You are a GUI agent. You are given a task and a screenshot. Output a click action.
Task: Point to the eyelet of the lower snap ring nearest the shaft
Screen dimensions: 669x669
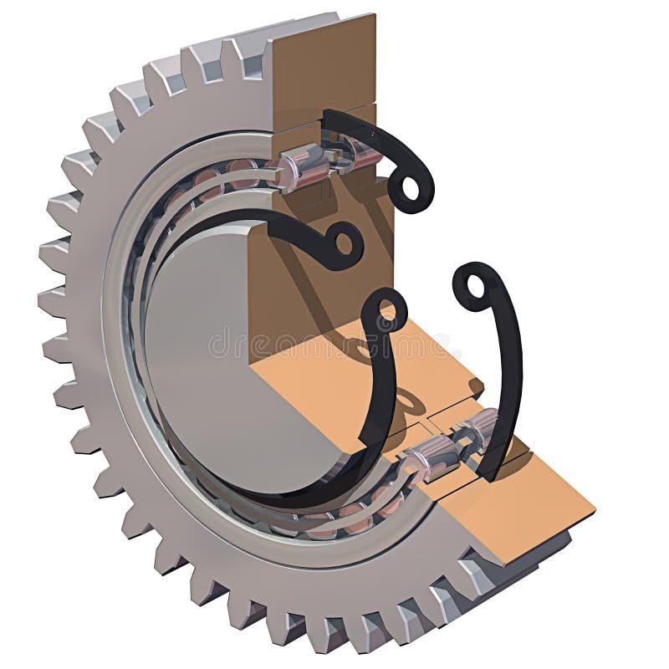pyautogui.click(x=386, y=311)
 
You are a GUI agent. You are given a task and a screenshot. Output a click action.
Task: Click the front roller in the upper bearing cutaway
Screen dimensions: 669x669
pyautogui.click(x=305, y=166)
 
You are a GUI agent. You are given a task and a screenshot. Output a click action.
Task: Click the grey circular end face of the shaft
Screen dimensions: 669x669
pyautogui.click(x=201, y=334)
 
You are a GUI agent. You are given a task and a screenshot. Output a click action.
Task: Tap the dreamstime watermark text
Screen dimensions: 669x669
pyautogui.click(x=334, y=343)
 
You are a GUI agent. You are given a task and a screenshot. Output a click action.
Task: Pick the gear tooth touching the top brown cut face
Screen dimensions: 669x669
pyautogui.click(x=251, y=54)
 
